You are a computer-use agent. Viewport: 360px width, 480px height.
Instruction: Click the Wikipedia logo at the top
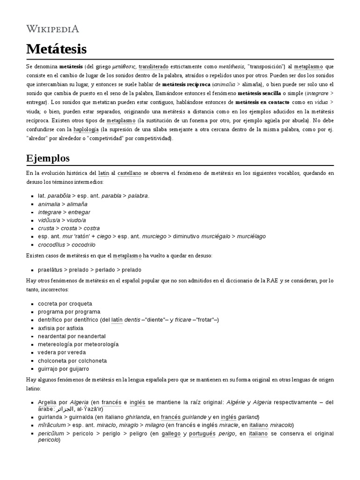[x=52, y=29]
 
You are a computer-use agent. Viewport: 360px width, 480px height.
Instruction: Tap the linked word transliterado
[x=156, y=67]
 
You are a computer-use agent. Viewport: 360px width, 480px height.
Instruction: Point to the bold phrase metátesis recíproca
[x=186, y=85]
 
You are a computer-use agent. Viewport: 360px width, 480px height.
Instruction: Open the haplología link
[x=86, y=129]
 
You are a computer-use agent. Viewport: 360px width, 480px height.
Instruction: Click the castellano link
[x=129, y=173]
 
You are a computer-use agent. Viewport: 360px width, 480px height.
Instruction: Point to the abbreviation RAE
[x=272, y=281]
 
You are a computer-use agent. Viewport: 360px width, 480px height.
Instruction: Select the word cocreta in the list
[x=48, y=304]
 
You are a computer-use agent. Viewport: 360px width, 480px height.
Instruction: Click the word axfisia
[x=48, y=328]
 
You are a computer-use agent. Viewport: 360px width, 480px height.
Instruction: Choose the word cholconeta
[x=52, y=361]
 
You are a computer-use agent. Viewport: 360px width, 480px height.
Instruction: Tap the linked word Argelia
[x=47, y=402]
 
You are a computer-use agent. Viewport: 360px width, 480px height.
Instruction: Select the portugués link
[x=202, y=434]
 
